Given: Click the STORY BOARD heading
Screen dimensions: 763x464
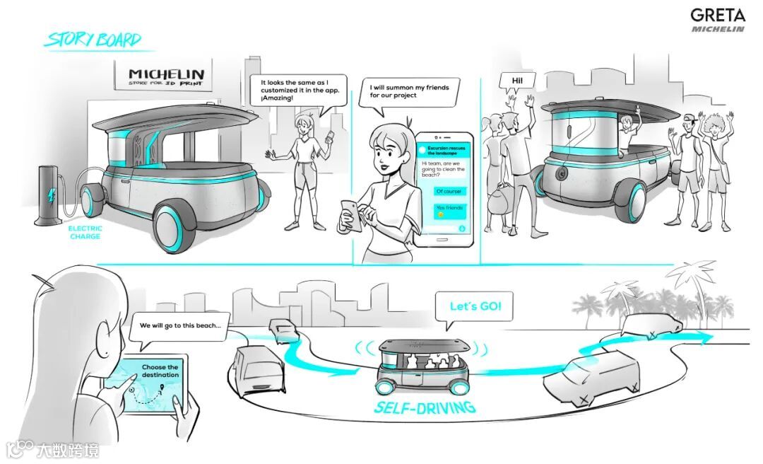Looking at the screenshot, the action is click(x=93, y=40).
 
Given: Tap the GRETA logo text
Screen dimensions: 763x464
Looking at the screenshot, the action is click(x=717, y=15).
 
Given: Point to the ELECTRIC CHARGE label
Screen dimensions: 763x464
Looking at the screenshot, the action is click(x=85, y=232).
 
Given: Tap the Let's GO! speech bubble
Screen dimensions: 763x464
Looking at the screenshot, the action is click(x=476, y=308).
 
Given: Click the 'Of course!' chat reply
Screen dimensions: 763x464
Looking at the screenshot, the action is click(x=450, y=191).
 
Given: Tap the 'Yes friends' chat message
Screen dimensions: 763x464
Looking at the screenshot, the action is click(x=450, y=210).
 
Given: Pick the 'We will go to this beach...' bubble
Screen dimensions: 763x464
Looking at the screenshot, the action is click(x=180, y=327).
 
